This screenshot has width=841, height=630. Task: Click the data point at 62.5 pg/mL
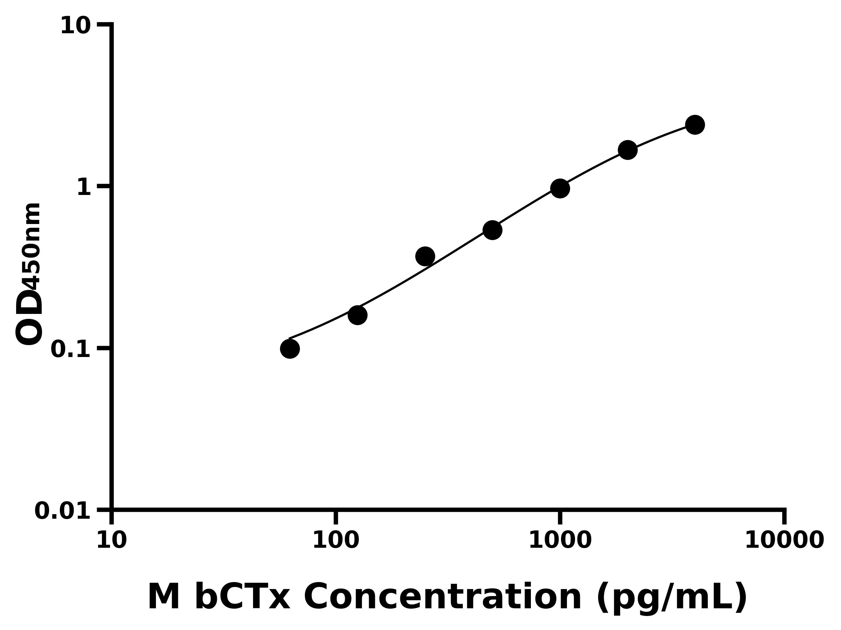click(290, 349)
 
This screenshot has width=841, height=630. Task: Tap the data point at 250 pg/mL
click(425, 256)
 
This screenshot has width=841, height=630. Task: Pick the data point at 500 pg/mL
click(492, 230)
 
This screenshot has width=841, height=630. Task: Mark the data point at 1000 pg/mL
click(560, 188)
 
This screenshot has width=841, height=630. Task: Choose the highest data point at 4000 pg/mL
click(695, 125)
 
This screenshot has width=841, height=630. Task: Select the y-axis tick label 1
click(84, 188)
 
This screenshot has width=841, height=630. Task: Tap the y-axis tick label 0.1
click(71, 349)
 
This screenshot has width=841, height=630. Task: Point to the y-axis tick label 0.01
click(63, 511)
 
